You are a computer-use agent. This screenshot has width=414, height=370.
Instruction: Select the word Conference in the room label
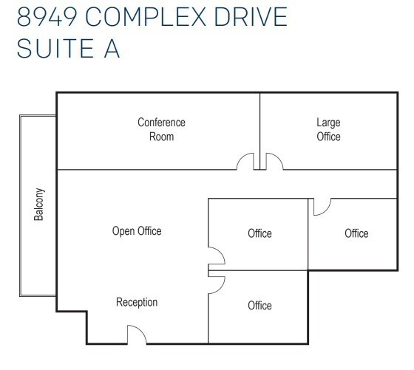point(161,123)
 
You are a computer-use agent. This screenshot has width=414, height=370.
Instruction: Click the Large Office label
point(328,129)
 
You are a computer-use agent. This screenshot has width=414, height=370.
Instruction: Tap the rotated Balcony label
point(39,205)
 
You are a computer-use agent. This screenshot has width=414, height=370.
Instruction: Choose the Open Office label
point(137,231)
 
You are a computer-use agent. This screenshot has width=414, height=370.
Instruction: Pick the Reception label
point(137,302)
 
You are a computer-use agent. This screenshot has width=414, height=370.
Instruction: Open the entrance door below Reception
point(137,336)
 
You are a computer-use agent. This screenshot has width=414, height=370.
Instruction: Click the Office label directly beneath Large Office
point(356,233)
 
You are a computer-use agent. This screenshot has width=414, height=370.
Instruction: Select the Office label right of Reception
point(259,305)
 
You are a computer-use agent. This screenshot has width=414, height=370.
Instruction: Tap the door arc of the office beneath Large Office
point(321,207)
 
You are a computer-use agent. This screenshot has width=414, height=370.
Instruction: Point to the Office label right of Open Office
point(259,233)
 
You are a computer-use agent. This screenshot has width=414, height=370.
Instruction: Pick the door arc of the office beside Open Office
point(216,256)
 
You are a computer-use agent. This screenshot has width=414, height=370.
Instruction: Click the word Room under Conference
point(161,137)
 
